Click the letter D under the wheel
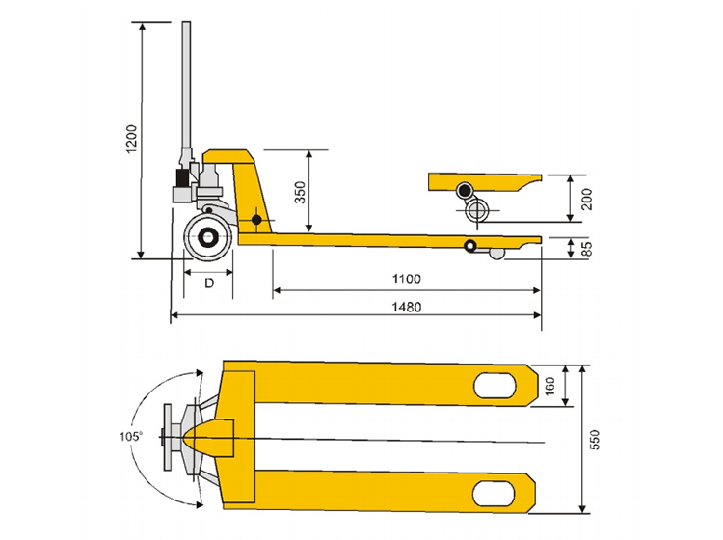tap(207, 283)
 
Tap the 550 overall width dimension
tap(597, 440)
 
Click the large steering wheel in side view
tap(207, 237)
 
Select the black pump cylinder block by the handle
tap(181, 178)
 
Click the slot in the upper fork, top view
tap(496, 385)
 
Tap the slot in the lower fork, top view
tap(496, 494)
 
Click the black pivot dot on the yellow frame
tap(256, 221)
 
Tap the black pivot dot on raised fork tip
tap(466, 188)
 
